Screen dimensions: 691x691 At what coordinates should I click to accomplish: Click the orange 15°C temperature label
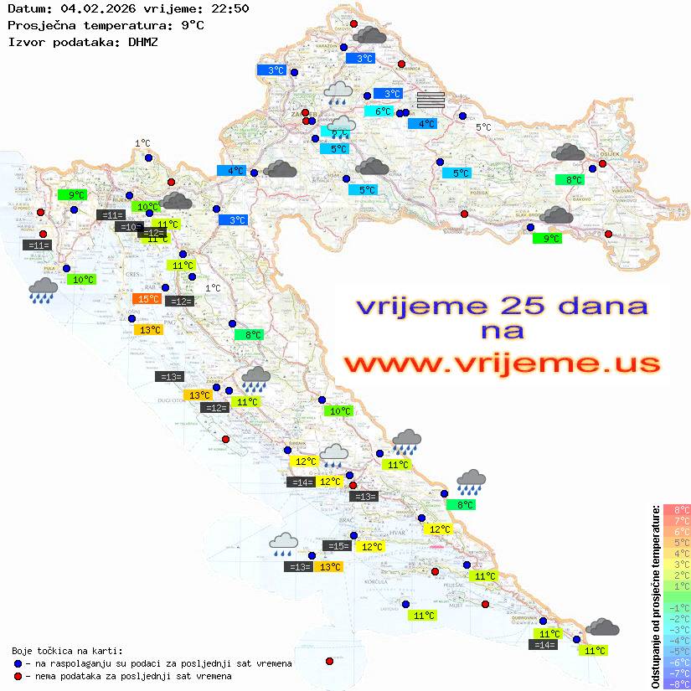148,299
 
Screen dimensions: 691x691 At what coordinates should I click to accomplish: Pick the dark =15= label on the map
337,546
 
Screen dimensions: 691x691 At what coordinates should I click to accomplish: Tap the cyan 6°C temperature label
383,111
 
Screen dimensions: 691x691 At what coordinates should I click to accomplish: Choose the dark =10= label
129,227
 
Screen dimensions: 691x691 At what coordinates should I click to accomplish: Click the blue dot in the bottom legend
18,663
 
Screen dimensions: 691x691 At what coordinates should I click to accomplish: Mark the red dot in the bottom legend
18,676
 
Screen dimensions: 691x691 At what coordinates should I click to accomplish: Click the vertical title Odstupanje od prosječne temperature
655,596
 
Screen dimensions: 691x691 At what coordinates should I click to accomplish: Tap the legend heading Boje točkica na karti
67,651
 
